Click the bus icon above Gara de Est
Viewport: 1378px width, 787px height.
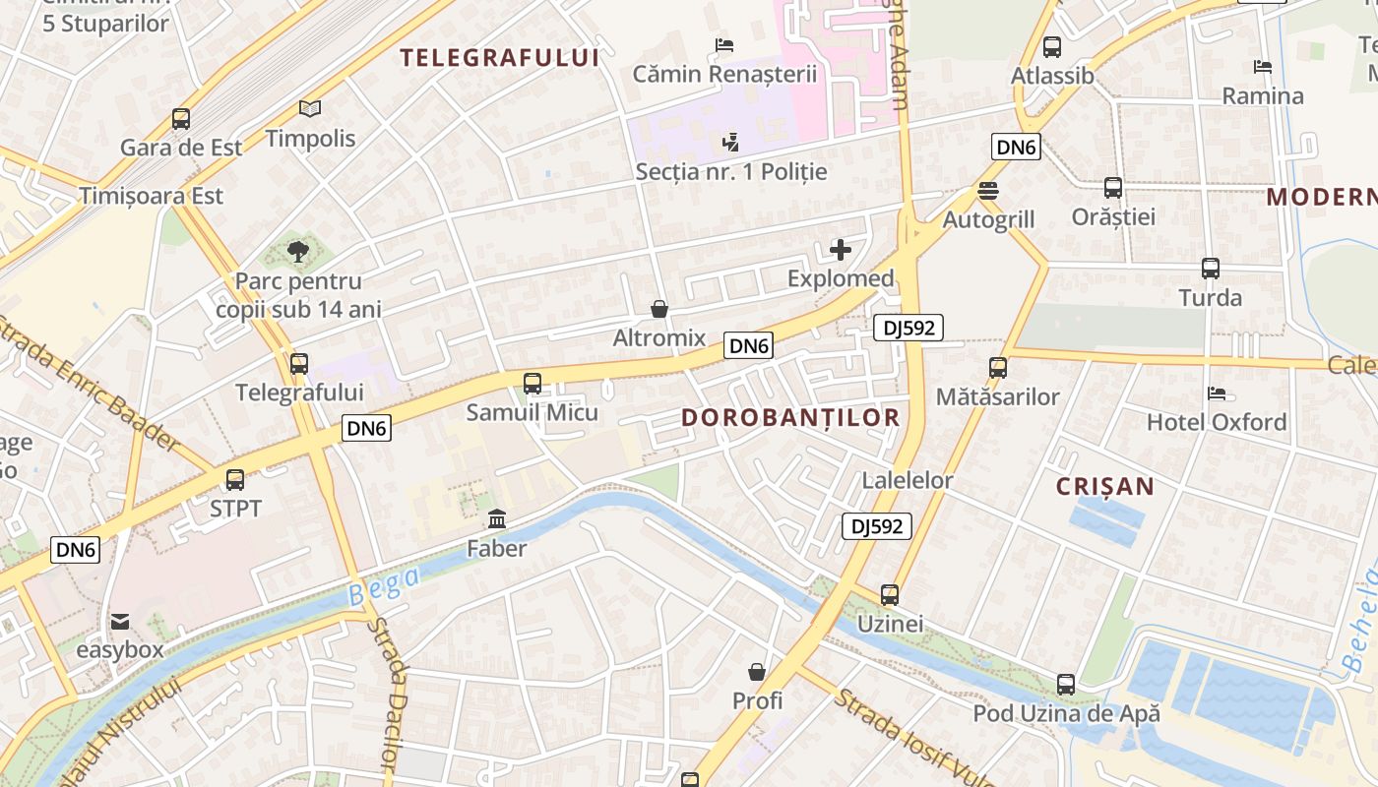pos(181,119)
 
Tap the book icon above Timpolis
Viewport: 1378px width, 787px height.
pos(310,109)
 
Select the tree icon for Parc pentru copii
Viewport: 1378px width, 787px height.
pos(298,252)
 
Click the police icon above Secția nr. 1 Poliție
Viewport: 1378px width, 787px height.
pos(730,143)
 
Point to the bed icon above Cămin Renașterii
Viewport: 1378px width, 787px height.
pos(724,44)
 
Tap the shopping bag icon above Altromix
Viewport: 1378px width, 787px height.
pos(659,309)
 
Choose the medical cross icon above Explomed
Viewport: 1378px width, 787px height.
pos(841,250)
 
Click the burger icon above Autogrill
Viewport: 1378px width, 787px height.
pos(988,191)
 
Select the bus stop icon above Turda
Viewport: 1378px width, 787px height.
pos(1210,268)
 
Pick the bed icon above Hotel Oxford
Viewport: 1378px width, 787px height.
pos(1217,393)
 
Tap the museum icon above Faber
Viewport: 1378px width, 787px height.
pos(497,518)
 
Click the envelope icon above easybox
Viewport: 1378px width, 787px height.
pos(120,622)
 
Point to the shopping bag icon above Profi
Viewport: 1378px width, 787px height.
pos(757,672)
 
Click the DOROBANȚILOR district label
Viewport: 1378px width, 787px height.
pos(790,417)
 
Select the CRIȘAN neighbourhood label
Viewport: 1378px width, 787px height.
pos(1105,486)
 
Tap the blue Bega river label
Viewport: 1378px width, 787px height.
pos(384,586)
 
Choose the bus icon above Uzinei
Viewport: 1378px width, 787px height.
pos(890,594)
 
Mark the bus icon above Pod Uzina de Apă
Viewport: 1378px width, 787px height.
pos(1066,684)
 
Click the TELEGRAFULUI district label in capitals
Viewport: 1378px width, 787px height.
pos(500,57)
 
